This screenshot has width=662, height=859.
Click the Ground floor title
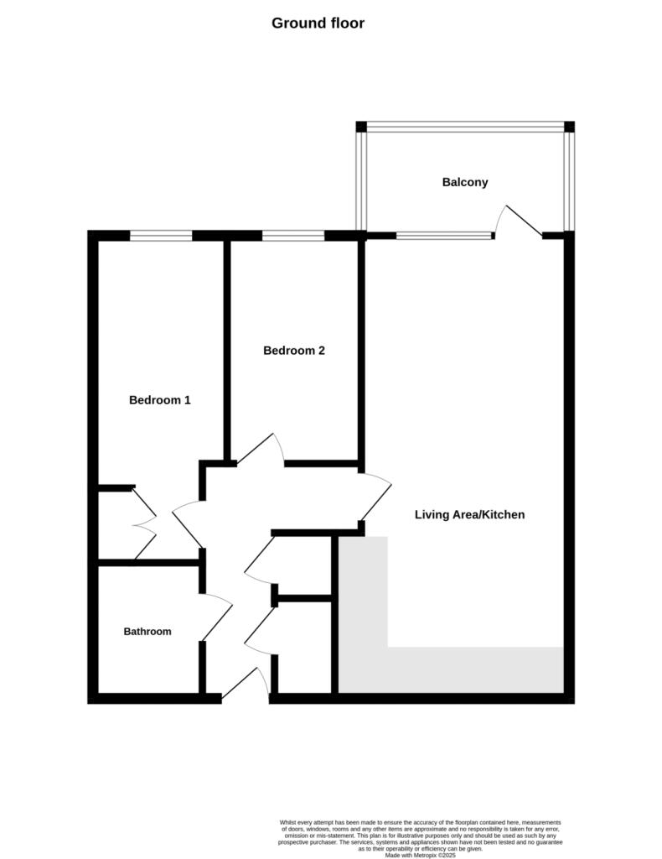pyautogui.click(x=318, y=23)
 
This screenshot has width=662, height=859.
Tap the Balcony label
pyautogui.click(x=465, y=182)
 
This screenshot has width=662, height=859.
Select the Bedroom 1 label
pyautogui.click(x=160, y=400)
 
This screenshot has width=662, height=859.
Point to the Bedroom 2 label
pyautogui.click(x=294, y=350)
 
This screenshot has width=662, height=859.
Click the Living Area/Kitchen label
pyautogui.click(x=469, y=514)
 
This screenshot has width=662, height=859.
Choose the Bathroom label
pyautogui.click(x=147, y=631)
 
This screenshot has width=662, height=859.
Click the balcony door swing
pyautogui.click(x=519, y=221)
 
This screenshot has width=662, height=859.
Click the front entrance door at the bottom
pyautogui.click(x=245, y=684)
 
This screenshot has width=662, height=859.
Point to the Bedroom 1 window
pyautogui.click(x=161, y=236)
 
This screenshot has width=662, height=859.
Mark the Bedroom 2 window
pyautogui.click(x=293, y=236)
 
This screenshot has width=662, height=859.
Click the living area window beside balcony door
pyautogui.click(x=444, y=236)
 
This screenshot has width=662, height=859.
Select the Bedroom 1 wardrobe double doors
pyautogui.click(x=144, y=523)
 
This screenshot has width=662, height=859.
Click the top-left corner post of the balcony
pyautogui.click(x=361, y=127)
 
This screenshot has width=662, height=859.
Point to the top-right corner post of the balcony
pyautogui.click(x=569, y=127)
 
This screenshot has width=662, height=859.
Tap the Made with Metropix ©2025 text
pyautogui.click(x=420, y=855)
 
